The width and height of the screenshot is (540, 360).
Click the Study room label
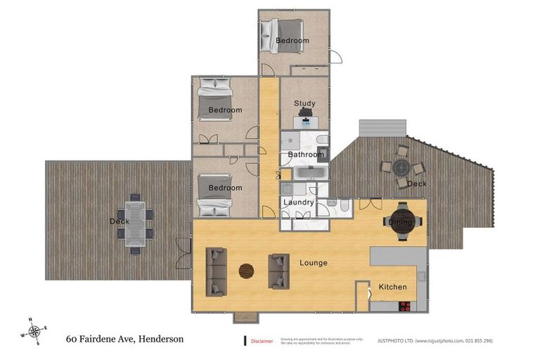tap(304, 104)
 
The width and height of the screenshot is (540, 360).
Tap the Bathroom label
tap(305, 155)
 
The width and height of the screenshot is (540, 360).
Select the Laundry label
tap(298, 202)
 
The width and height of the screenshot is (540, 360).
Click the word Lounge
tap(314, 263)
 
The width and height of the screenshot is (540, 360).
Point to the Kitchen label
tap(392, 288)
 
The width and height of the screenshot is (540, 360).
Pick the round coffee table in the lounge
tap(247, 271)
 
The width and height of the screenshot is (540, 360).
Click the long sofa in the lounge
tap(216, 271)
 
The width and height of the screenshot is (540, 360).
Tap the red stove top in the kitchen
tap(405, 305)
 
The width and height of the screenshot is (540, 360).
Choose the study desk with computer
tap(305, 120)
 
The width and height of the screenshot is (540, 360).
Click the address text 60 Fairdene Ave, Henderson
tap(124, 339)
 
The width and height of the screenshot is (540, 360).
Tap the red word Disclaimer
tap(262, 341)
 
